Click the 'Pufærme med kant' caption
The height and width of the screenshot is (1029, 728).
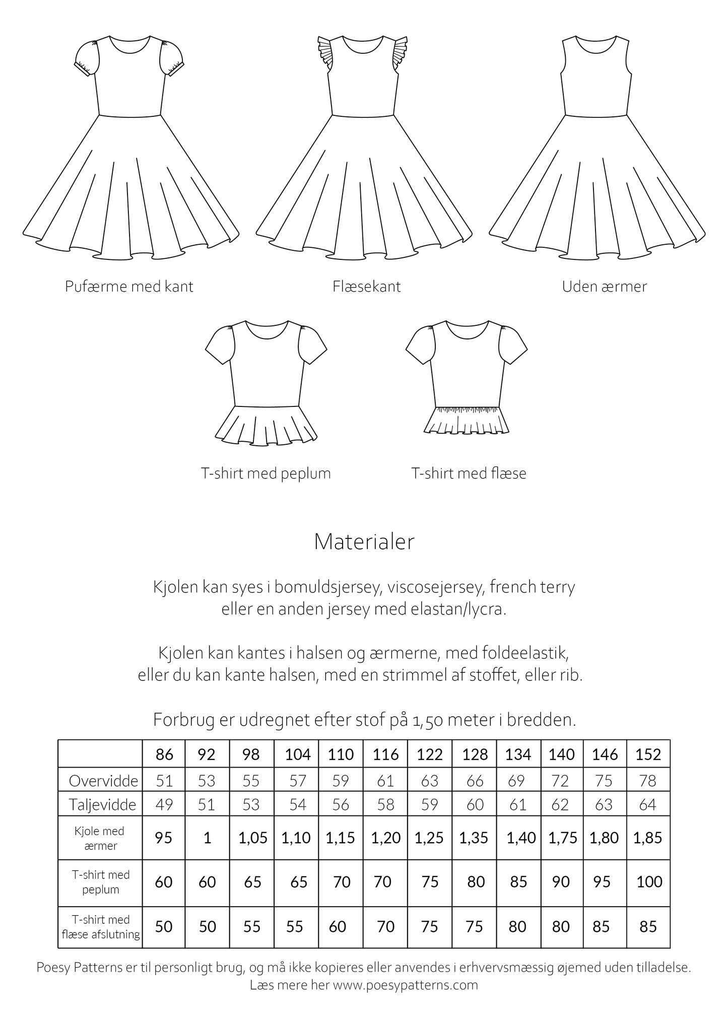129,287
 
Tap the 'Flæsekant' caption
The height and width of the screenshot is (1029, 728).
366,287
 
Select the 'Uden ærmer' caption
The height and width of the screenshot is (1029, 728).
604,287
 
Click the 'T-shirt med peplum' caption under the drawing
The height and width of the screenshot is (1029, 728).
266,473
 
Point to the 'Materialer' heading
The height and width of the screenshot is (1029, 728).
364,541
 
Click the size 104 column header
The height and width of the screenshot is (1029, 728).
297,754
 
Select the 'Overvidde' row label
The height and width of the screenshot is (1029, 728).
103,781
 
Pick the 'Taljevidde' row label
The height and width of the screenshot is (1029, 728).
102,804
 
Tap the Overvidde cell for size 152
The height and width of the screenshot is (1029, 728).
648,781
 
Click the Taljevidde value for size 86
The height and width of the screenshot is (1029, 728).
164,804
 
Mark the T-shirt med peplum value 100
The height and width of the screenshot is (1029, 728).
649,881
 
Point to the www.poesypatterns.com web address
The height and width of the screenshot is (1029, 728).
405,985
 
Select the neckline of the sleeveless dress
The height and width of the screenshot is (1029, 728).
596,47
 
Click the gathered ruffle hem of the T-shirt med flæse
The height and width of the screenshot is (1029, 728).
466,421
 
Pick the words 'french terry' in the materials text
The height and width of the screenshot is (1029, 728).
532,587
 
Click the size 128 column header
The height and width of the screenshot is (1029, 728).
475,754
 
